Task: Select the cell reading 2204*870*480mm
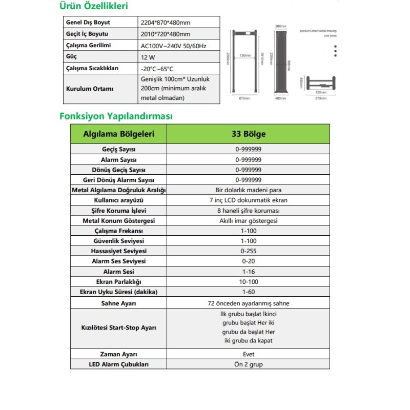coord(165,23)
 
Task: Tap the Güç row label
coord(72,57)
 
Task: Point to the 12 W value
coord(148,57)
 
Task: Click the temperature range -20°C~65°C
coord(157,69)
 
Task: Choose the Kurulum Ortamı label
coord(85,88)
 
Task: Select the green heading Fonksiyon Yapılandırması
coord(116,116)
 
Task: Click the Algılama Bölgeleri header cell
coord(118,134)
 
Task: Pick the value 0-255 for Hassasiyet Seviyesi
coord(249,251)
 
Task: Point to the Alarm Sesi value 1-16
coord(249,272)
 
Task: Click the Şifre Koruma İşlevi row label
coord(118,211)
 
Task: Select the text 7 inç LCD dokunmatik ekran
coord(249,200)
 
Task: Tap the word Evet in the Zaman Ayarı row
coord(249,354)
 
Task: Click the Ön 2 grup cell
coord(249,364)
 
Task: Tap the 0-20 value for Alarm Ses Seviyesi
coord(249,261)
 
